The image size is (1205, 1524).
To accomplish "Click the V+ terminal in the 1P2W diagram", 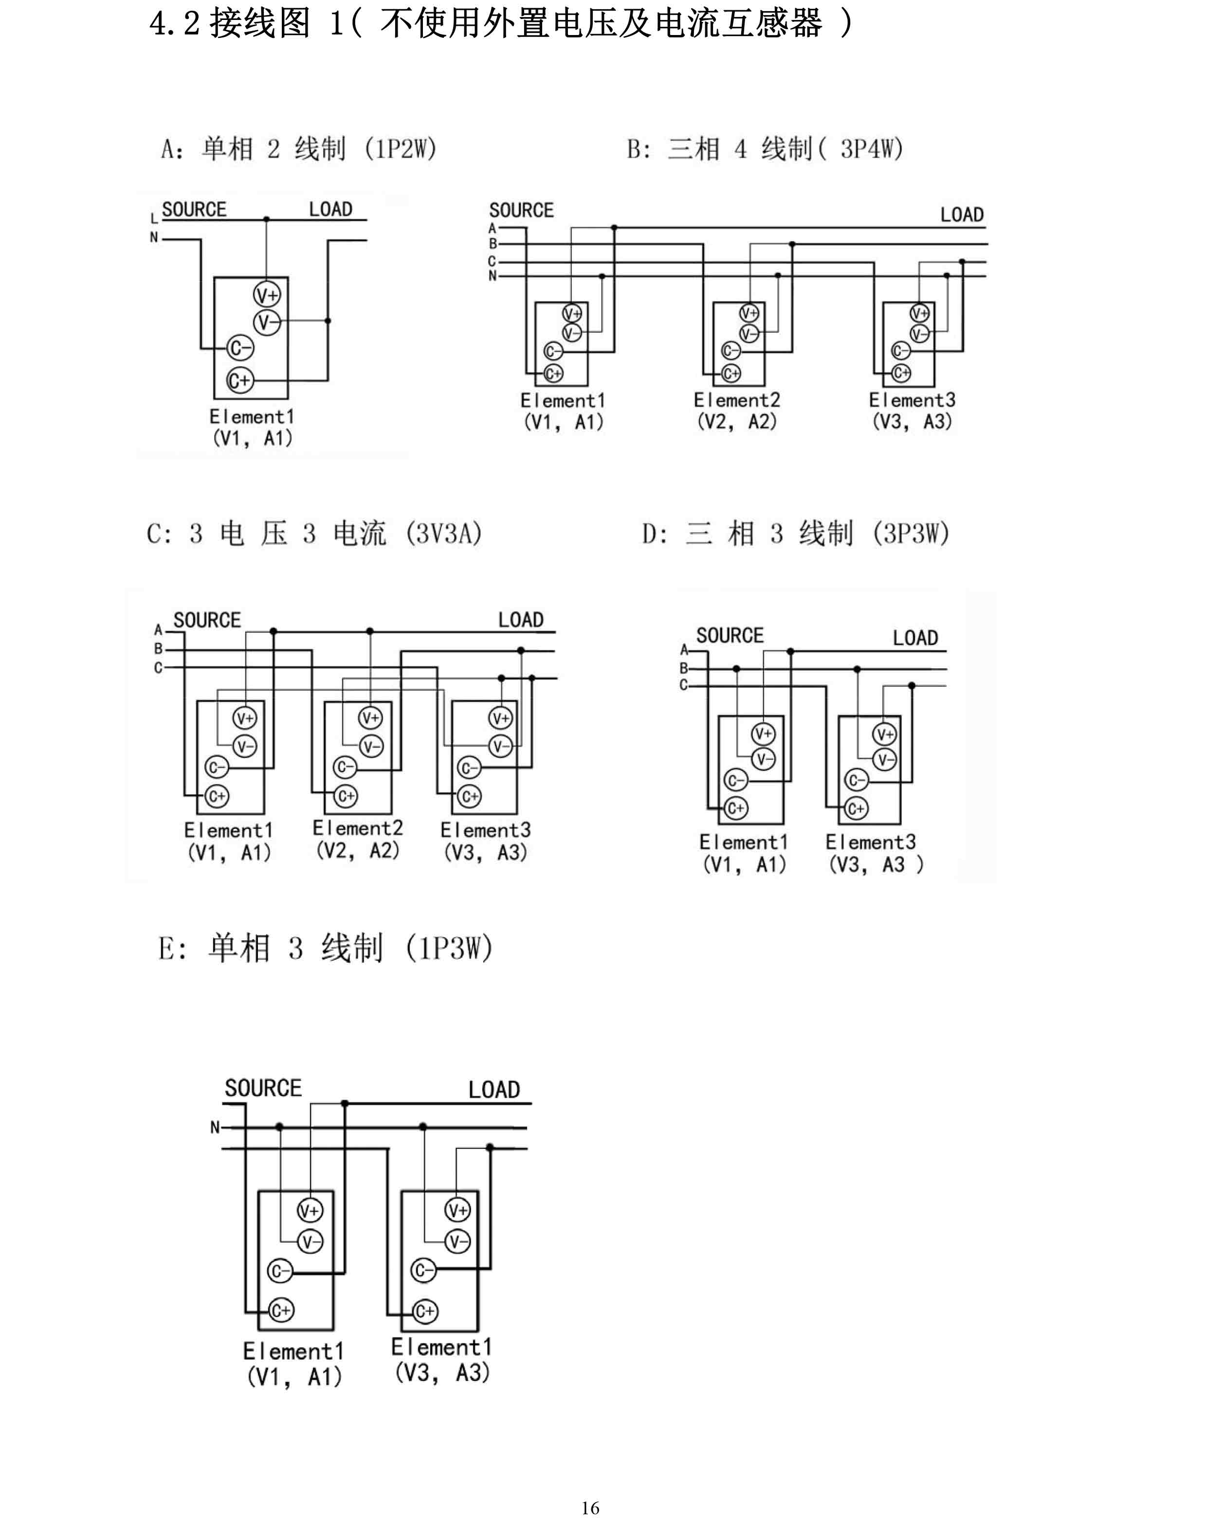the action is point(267,295).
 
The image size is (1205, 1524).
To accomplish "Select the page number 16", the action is point(590,1508).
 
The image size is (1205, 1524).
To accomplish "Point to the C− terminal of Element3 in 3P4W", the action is point(901,351).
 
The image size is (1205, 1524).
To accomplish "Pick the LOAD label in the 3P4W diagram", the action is point(962,215).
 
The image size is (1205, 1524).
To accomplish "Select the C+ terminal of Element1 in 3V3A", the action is point(217,796).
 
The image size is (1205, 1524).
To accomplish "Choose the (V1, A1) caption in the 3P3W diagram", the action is point(744,864).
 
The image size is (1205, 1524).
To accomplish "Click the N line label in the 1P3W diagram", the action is point(215,1127).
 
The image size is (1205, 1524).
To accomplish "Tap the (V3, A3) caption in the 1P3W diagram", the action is point(442,1372).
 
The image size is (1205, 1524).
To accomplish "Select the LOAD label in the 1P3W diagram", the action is point(494,1090).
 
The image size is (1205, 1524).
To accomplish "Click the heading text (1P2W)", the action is point(401,149).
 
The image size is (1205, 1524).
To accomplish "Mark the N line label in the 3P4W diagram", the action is point(493,276).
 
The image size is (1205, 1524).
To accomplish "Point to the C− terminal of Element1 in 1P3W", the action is point(280,1272).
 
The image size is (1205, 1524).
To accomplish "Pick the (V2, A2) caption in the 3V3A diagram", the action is point(358,850).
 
